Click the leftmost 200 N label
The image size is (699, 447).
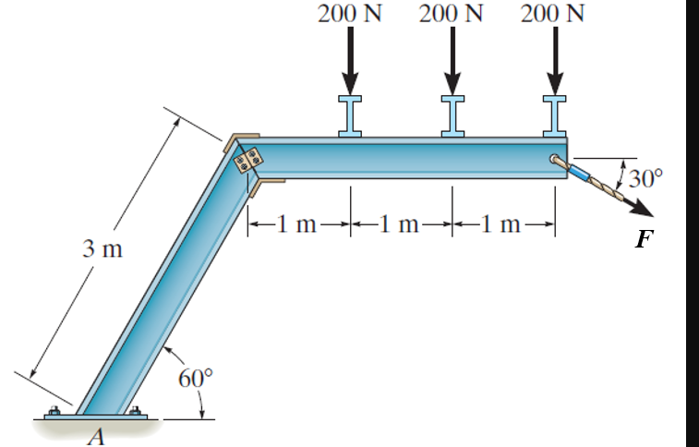point(351,14)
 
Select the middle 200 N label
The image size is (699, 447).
point(452,14)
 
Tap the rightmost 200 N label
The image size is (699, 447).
point(554,14)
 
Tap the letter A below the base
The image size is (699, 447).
point(95,437)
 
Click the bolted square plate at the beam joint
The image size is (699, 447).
point(248,161)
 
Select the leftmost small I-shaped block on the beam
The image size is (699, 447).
point(351,116)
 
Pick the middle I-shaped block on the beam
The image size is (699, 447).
point(452,116)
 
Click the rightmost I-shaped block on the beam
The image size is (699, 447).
point(554,116)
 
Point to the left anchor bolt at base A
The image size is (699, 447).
point(54,411)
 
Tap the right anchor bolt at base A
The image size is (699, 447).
point(135,411)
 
